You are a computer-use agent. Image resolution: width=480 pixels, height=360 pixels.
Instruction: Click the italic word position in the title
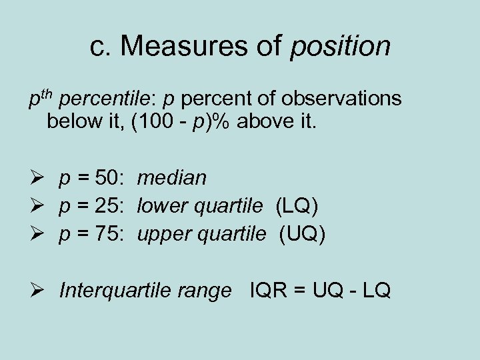click(x=340, y=47)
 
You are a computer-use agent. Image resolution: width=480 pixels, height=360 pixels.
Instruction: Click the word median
click(x=172, y=178)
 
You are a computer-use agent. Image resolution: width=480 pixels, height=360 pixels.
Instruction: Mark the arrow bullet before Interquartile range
click(x=37, y=291)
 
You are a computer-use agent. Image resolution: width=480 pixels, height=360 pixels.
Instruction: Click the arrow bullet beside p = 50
click(x=37, y=178)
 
